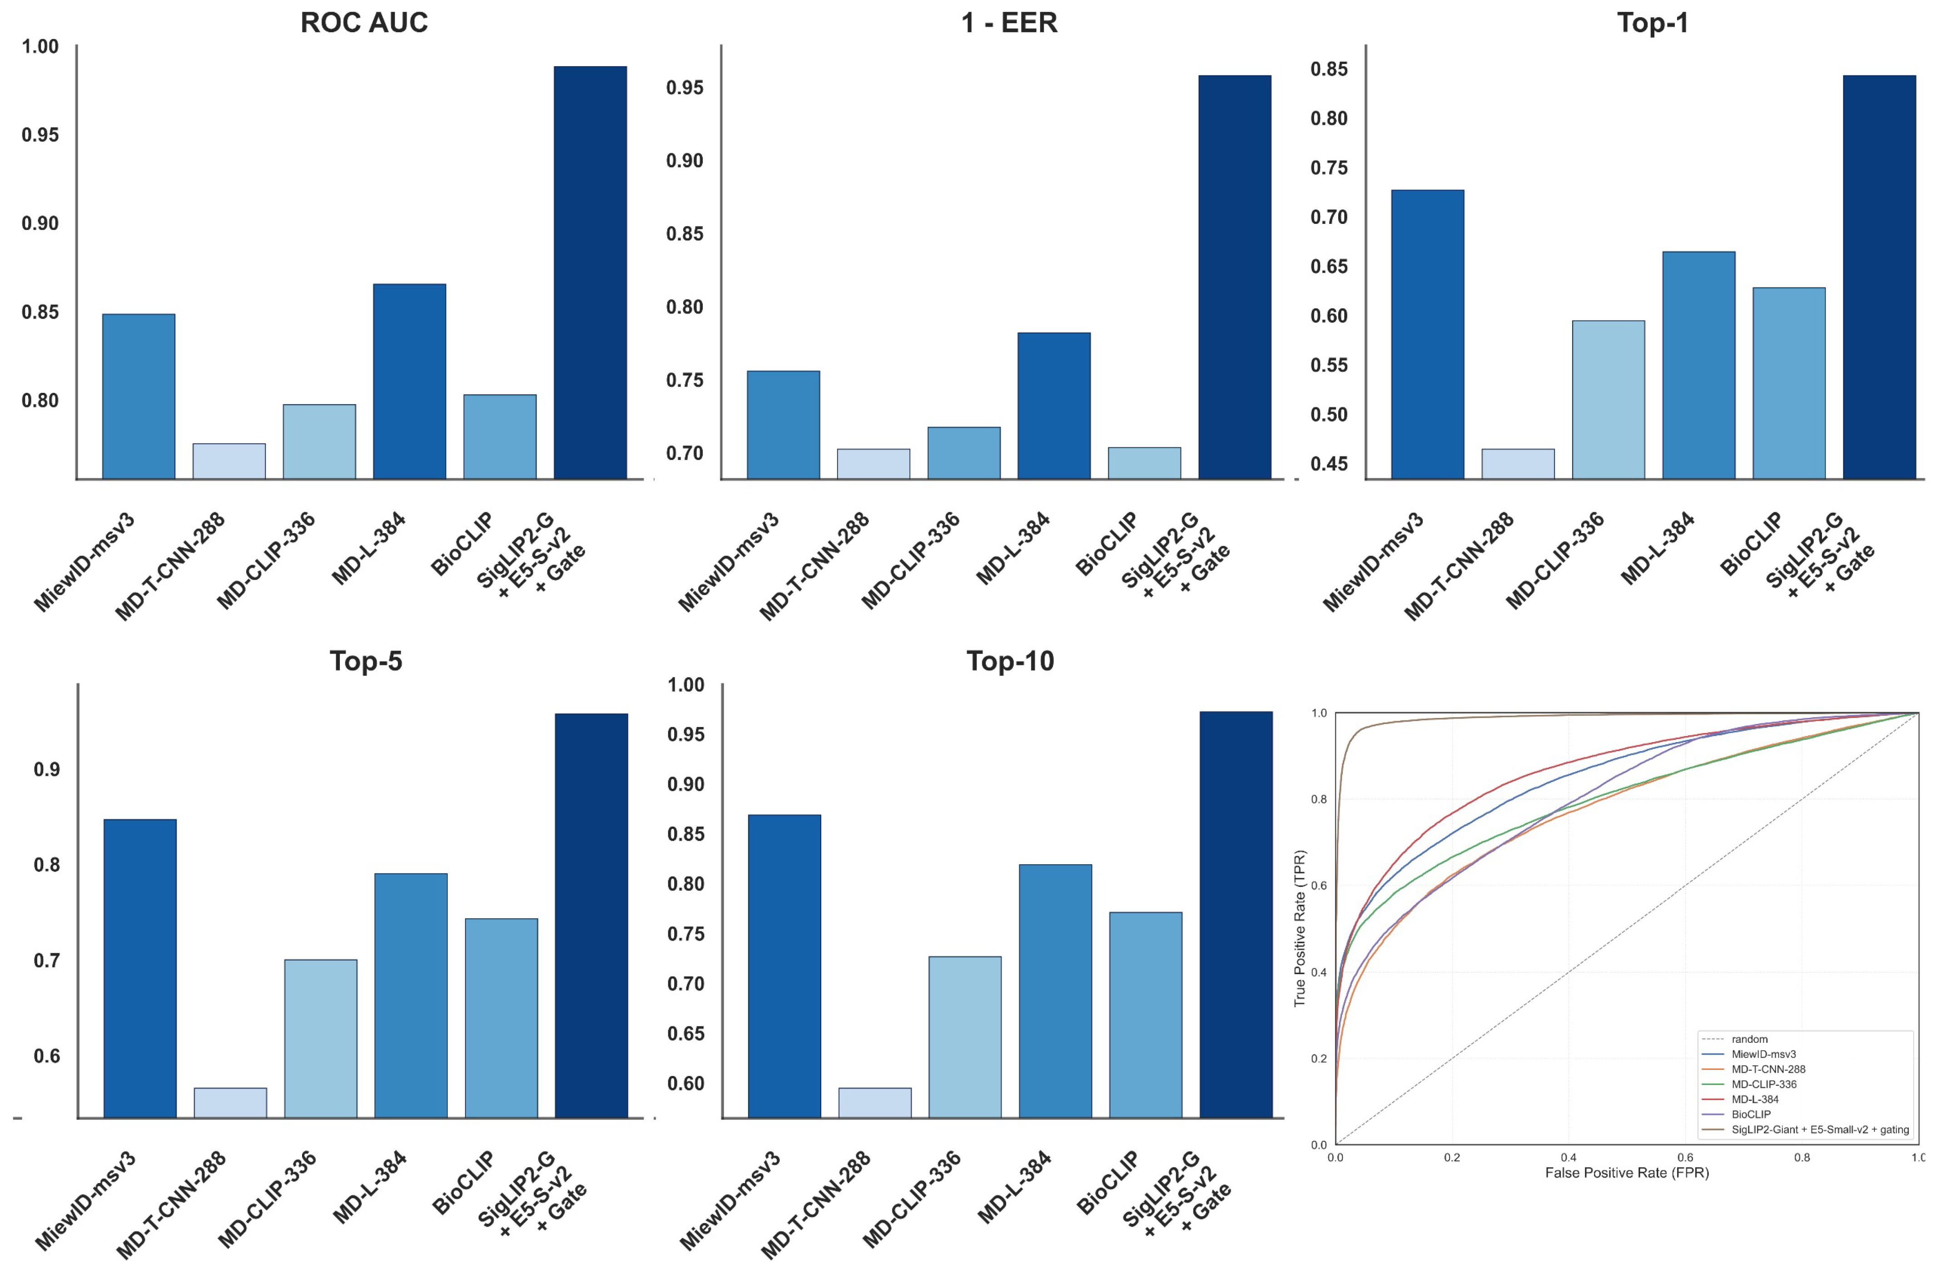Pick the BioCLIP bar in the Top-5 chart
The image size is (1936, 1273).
[x=501, y=1018]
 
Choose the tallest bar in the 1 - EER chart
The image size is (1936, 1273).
[x=1234, y=277]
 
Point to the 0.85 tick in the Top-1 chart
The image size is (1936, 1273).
[x=1328, y=69]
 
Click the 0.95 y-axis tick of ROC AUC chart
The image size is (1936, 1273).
[x=40, y=135]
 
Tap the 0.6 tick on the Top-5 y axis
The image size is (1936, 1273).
[x=46, y=1056]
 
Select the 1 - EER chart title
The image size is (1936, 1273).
[x=1009, y=23]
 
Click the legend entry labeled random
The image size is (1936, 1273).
[x=1749, y=1039]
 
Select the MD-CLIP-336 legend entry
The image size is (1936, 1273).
[x=1763, y=1084]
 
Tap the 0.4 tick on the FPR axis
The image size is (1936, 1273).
[x=1569, y=1157]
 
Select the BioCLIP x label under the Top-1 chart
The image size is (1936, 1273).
[x=1751, y=543]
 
